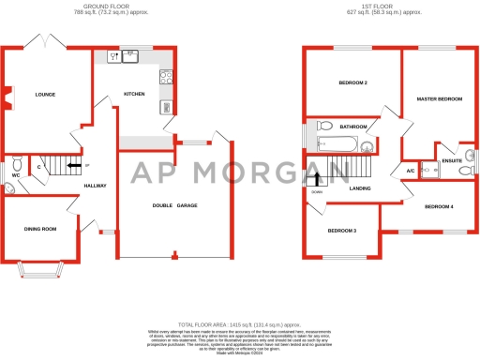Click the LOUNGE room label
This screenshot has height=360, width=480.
tap(46, 95)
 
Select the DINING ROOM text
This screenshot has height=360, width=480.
tap(40, 229)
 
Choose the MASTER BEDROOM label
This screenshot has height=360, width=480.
tap(440, 98)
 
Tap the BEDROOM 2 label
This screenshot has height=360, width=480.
tap(352, 83)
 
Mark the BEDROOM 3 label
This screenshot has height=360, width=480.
tap(342, 230)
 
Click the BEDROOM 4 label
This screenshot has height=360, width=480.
tap(439, 205)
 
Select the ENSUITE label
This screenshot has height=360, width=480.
tap(452, 161)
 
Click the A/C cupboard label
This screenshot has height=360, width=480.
tap(411, 171)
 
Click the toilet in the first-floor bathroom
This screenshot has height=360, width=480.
tap(325, 126)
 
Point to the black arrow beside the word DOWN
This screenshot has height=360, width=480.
tap(317, 180)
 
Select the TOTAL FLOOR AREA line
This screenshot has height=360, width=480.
tap(239, 322)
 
